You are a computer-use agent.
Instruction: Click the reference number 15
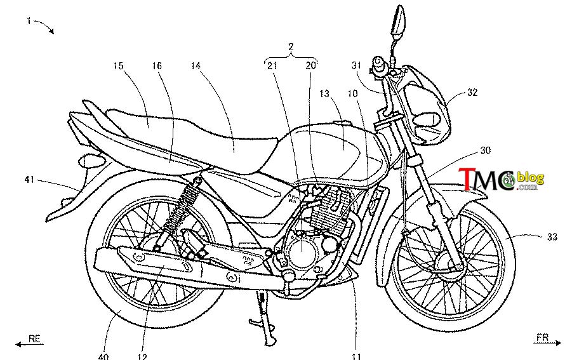coord(118,66)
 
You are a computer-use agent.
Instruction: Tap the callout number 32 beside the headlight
coord(472,93)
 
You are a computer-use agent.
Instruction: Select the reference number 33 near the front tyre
coord(552,237)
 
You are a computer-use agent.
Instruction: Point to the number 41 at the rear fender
coord(30,179)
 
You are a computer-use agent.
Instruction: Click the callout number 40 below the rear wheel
coord(103,356)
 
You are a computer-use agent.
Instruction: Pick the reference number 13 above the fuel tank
coord(324,94)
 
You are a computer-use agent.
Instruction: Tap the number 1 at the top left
coord(29,20)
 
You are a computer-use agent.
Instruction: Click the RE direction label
coord(34,339)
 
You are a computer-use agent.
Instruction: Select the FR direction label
coord(542,337)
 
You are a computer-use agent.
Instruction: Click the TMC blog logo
coord(502,179)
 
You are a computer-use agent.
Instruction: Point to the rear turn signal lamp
coord(88,161)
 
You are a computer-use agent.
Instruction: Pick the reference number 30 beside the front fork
coord(486,150)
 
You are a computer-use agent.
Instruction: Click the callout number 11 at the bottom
coord(356,356)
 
